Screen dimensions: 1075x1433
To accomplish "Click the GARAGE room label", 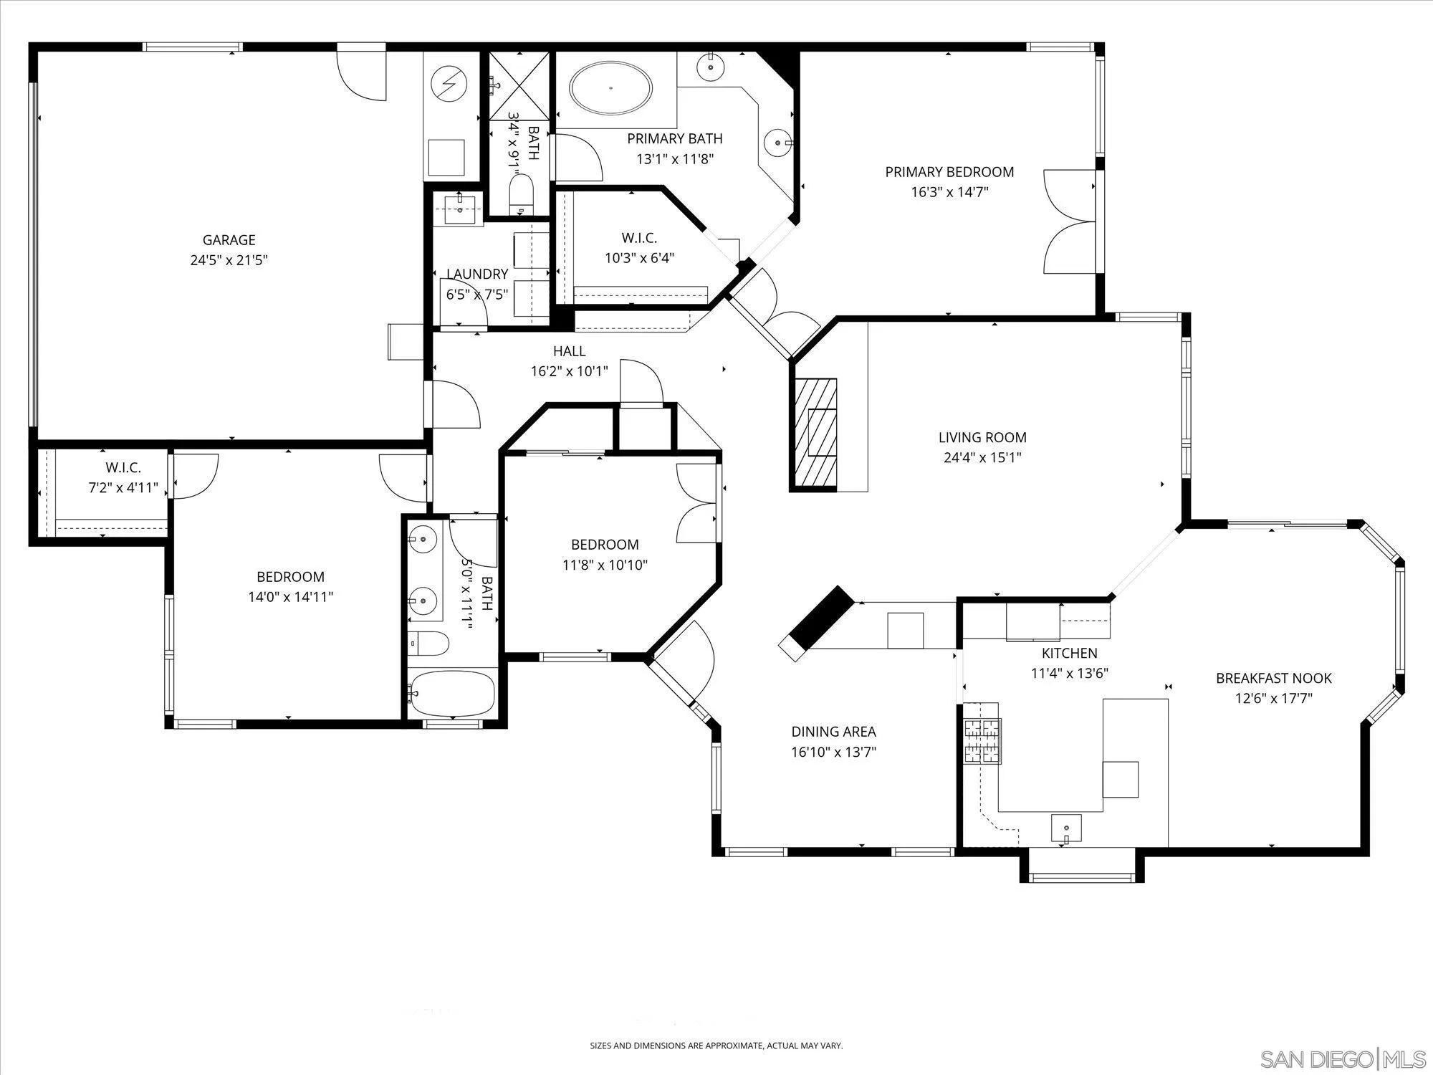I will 229,240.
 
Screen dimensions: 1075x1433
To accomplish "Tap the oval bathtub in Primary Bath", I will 610,88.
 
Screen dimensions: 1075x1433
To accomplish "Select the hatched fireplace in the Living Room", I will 814,434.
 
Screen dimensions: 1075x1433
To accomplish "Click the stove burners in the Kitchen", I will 982,741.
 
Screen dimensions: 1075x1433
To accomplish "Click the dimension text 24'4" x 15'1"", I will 982,457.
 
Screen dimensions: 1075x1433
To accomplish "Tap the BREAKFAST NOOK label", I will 1273,678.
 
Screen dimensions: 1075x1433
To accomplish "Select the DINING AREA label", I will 833,732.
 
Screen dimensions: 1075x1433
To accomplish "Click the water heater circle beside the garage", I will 449,85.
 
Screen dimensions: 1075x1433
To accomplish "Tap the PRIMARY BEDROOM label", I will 949,172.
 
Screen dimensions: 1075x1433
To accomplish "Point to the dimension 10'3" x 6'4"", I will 639,258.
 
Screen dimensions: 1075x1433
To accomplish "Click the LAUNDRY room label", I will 477,274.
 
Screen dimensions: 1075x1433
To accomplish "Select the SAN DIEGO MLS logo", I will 1344,1059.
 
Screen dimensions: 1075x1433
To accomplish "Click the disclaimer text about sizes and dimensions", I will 716,1046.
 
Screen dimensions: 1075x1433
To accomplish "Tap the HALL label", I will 569,351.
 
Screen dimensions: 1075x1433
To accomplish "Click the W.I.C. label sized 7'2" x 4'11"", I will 123,468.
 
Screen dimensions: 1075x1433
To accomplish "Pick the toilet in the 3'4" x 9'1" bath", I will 522,193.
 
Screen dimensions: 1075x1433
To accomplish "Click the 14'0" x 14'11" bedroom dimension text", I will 290,597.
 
